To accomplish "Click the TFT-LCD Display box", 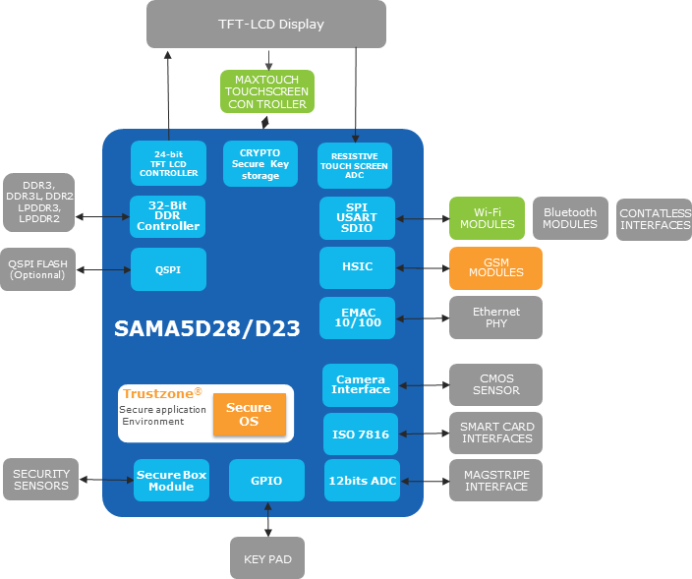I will click(265, 25).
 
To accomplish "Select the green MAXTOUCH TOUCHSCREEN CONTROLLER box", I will click(267, 90).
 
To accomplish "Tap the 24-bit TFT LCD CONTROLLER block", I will click(168, 163).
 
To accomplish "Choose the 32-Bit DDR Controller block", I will click(168, 216).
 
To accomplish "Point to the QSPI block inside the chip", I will click(168, 268).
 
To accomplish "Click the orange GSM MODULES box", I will click(495, 267).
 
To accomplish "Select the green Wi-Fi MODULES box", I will click(487, 217).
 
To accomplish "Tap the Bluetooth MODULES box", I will click(570, 218).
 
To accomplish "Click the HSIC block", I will click(358, 267).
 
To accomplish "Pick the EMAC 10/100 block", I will click(358, 317).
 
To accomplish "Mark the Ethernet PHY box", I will click(495, 318).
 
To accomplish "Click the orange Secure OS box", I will click(249, 414).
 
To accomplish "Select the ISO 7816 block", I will click(361, 434).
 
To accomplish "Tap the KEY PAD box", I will click(267, 558).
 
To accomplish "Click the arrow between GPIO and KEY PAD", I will click(267, 518).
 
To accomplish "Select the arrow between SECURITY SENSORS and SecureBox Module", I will click(105, 480).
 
